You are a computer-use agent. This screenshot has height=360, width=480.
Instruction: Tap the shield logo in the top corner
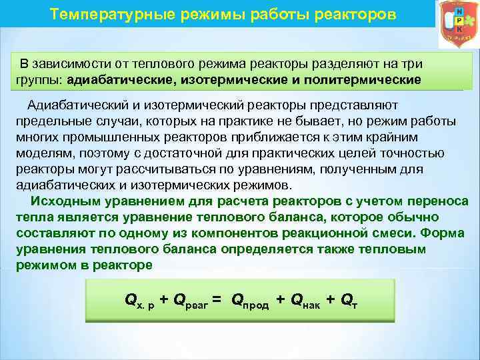pyautogui.click(x=457, y=23)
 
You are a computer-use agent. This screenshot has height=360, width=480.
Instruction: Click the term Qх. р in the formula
pyautogui.click(x=140, y=301)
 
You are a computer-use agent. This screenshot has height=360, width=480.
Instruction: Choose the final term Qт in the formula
pyautogui.click(x=351, y=301)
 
